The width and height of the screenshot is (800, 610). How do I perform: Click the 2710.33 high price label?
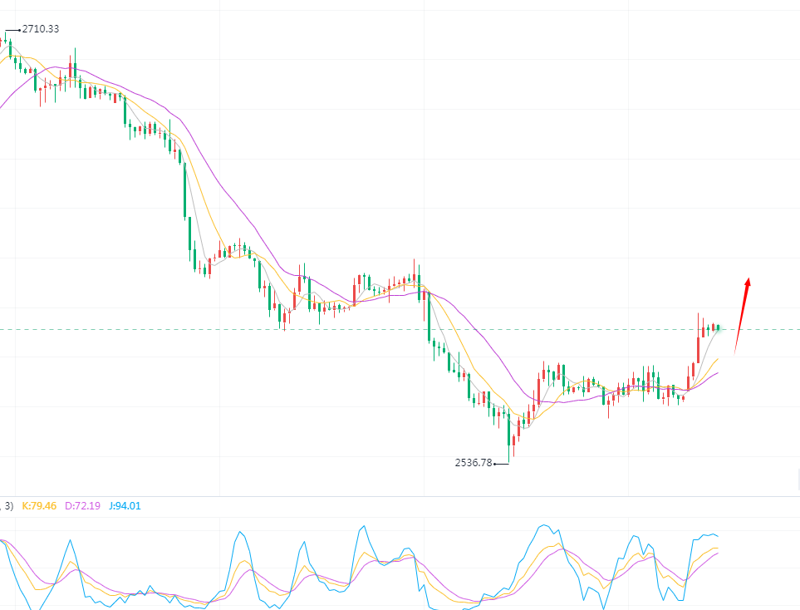[41, 29]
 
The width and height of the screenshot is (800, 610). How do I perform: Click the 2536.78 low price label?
[474, 463]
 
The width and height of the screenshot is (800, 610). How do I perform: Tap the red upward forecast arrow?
[742, 316]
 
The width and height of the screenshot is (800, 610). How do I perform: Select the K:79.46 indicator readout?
[39, 505]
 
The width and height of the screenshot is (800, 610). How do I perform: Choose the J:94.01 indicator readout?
[125, 505]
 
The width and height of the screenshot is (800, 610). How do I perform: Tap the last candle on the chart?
[718, 327]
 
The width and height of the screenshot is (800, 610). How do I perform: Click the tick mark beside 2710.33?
[12, 30]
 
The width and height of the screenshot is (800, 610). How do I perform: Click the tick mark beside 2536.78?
[501, 464]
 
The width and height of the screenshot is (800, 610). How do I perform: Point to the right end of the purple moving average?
[718, 372]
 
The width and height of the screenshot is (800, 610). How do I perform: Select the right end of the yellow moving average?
[718, 358]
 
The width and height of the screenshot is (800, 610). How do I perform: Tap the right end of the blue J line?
[718, 536]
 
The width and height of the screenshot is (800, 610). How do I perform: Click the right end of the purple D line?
[718, 552]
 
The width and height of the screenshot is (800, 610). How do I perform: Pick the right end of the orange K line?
[718, 548]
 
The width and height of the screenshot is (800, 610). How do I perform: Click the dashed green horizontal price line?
[332, 329]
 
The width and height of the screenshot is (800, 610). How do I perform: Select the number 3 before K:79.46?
[9, 505]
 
